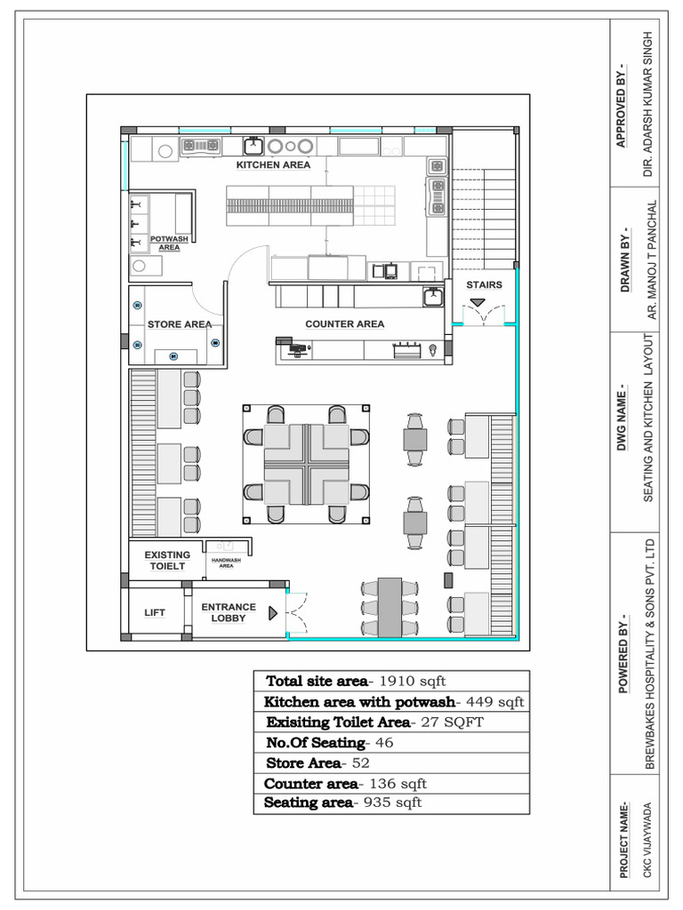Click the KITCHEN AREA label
273,165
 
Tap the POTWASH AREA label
169,243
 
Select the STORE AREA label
180,324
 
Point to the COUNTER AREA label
345,324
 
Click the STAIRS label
485,285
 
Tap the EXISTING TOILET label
167,560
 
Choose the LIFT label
155,612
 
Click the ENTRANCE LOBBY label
229,612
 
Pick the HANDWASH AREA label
226,563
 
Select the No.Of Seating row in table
329,742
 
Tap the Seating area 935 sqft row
342,802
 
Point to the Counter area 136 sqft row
345,783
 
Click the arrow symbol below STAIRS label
478,303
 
